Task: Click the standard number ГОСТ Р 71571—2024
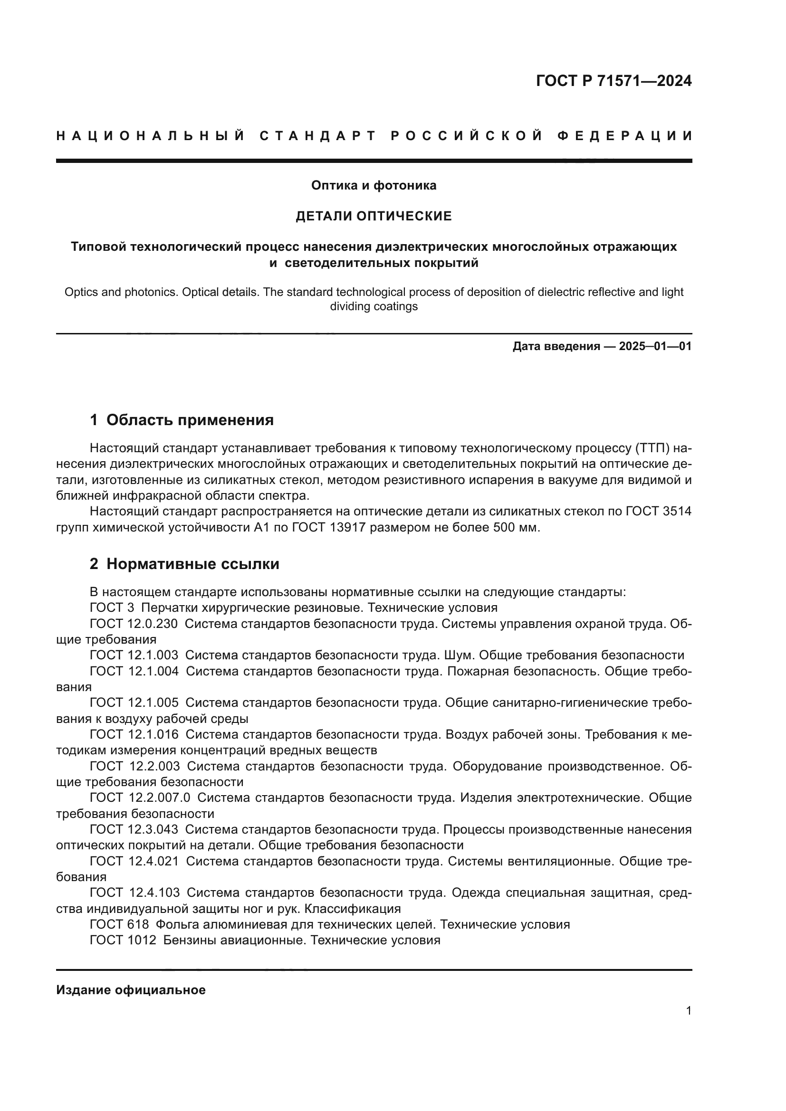click(613, 81)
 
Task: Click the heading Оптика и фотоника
click(374, 185)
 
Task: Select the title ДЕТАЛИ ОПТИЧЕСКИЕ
click(374, 216)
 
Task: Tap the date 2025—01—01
click(655, 346)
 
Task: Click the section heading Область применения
click(190, 420)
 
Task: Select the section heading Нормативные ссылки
click(192, 564)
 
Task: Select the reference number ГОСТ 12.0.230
click(134, 624)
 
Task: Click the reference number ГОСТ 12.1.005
click(134, 703)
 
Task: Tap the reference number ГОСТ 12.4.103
click(135, 893)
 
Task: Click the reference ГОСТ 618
click(119, 924)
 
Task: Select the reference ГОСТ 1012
click(123, 940)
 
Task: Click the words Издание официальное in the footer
click(131, 990)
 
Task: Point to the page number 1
click(688, 1010)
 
